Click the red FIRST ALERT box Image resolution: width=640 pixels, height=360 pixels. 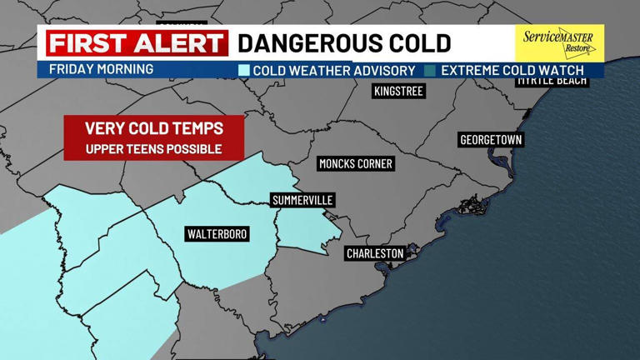point(137,43)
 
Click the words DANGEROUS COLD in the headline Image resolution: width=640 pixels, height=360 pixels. point(344,43)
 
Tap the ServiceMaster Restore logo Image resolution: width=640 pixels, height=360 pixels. point(557,42)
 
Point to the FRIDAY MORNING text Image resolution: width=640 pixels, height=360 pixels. point(101,69)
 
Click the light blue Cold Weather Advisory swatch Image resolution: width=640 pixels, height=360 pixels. point(243,71)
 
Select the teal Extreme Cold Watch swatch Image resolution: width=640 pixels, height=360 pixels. point(430,71)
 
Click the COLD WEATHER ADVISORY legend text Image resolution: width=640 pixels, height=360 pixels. point(333,71)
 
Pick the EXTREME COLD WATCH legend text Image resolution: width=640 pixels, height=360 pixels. point(512,71)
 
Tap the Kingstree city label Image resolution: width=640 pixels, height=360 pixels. point(398,92)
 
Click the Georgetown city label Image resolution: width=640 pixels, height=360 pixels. point(491,140)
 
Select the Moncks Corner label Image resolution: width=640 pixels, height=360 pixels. point(356,164)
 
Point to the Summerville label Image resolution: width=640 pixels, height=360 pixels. point(303,201)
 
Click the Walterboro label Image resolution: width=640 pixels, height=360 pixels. point(217,234)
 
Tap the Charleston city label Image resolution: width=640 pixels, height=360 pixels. point(375,253)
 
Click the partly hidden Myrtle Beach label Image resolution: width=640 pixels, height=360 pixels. point(552,82)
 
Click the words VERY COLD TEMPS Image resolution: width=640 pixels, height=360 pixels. point(154,129)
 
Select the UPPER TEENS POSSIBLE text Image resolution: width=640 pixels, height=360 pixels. point(154,149)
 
